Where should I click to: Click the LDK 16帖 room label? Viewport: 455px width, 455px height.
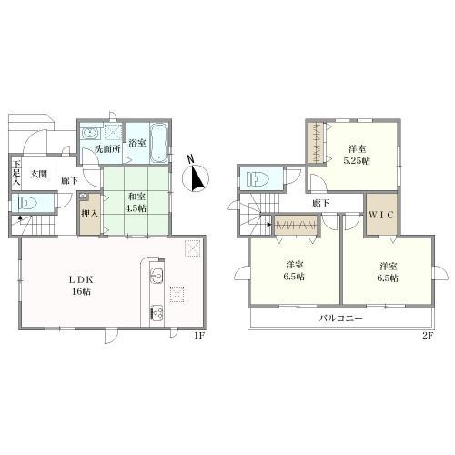(81, 286)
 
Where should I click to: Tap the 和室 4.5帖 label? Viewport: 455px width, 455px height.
(136, 202)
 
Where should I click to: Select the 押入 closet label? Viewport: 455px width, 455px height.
(90, 214)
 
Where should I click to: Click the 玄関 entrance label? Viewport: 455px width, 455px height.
(39, 174)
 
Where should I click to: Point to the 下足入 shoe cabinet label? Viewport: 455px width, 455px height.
(16, 174)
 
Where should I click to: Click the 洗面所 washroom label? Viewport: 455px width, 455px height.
(107, 149)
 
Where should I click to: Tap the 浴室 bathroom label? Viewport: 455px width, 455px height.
(137, 143)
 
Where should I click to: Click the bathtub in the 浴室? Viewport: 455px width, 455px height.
(159, 143)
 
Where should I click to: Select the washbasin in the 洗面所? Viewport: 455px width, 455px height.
(90, 133)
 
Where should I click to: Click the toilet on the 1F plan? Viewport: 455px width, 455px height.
(26, 203)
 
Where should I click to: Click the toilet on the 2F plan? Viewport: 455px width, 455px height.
(258, 178)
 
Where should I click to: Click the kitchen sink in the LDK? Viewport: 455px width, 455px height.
(157, 276)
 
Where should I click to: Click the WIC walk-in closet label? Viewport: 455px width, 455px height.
(381, 215)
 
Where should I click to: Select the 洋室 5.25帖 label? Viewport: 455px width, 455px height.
(357, 155)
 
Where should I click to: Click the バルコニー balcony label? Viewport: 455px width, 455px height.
(340, 318)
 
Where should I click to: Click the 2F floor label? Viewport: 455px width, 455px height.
(429, 336)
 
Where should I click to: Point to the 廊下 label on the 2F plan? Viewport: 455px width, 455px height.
(321, 203)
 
